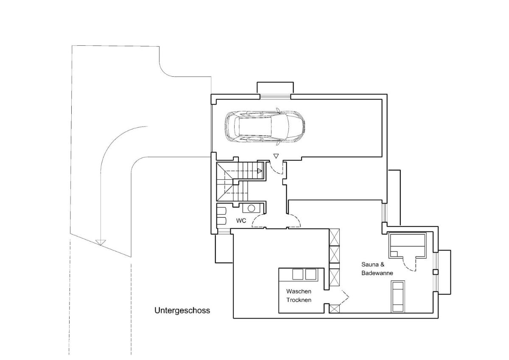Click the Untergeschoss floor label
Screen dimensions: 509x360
pos(182,310)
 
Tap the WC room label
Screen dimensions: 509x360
pos(241,220)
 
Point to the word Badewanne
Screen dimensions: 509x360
pos(377,273)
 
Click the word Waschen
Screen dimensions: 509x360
pos(299,291)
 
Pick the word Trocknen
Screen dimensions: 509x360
pos(299,300)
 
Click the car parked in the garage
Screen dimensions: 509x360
pos(265,127)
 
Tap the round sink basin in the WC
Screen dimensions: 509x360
pos(251,208)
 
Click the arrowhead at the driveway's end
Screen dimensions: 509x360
pos(100,242)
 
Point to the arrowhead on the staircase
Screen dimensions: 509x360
pos(260,171)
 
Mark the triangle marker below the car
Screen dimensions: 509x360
pos(276,156)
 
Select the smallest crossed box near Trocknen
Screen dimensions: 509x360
pos(334,309)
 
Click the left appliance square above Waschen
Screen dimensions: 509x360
pos(298,274)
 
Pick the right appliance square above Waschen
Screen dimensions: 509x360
pos(310,274)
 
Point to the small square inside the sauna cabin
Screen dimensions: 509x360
pos(394,254)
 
